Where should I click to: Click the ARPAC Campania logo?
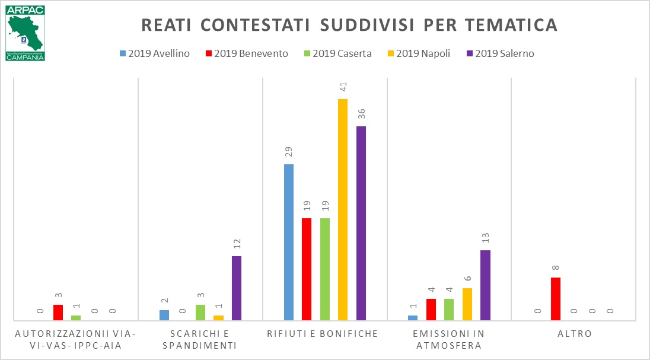pos(26,34)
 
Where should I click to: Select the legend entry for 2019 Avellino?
pos(154,53)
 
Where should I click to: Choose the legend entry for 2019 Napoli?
pos(418,53)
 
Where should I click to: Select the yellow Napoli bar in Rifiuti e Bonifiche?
pos(343,210)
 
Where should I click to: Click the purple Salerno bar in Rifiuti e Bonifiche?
pos(361,224)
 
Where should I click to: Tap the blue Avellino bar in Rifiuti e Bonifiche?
pos(289,243)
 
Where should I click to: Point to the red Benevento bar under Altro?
pos(556,299)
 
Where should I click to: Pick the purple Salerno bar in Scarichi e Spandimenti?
pos(237,288)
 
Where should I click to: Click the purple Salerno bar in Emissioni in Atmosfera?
pos(485,285)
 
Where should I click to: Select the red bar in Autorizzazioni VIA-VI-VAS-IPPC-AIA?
pos(58,313)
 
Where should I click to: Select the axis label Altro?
pos(574,334)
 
